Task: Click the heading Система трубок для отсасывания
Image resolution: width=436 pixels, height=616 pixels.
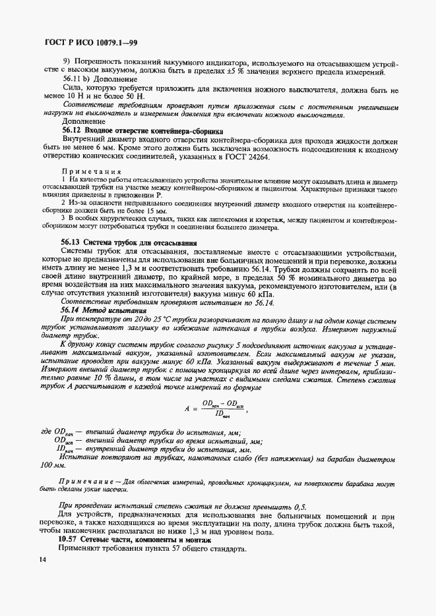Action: tap(142, 242)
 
